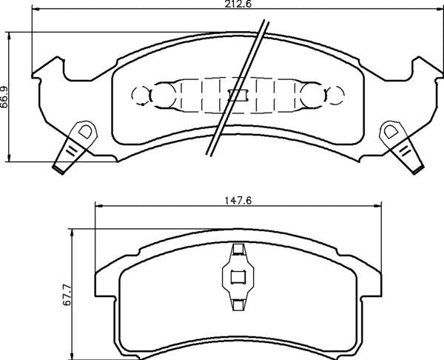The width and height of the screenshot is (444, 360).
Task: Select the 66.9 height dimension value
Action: coord(5,96)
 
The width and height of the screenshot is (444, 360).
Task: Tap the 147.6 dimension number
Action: coord(235,198)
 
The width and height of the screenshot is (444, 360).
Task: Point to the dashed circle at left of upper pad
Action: coord(141,94)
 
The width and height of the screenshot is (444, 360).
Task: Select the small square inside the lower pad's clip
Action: coord(238,279)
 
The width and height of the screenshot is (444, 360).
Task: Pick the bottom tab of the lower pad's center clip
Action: coord(238,304)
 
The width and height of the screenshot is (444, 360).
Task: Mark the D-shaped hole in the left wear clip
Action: coord(84,133)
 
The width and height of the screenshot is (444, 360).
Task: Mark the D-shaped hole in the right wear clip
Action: coord(389,133)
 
